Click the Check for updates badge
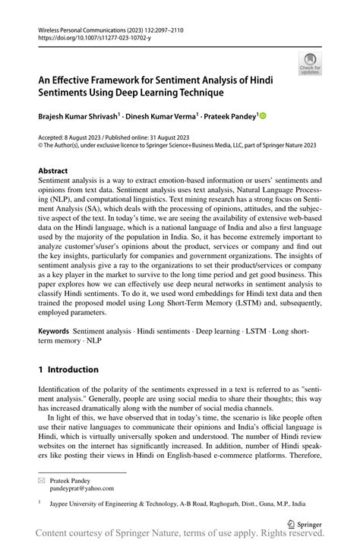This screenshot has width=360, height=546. click(x=311, y=65)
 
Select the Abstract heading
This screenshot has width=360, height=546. click(x=58, y=171)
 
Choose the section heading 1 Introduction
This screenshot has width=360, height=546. click(x=68, y=370)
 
